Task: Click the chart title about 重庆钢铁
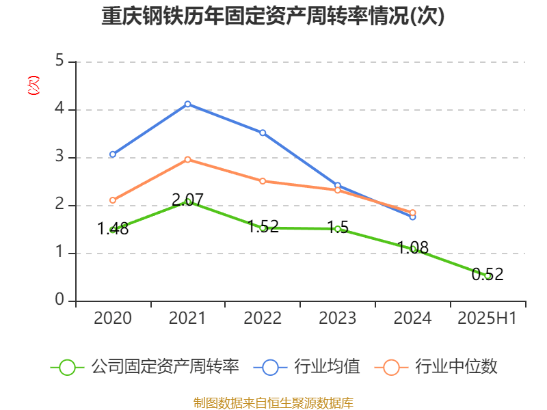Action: click(273, 17)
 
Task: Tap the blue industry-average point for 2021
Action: click(187, 104)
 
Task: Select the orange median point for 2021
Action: click(187, 159)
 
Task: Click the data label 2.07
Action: click(187, 200)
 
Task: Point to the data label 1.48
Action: click(113, 229)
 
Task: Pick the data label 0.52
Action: click(488, 275)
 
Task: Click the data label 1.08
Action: click(413, 247)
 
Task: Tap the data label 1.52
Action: click(263, 226)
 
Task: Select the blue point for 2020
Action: click(113, 154)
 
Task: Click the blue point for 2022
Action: click(263, 133)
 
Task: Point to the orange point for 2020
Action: click(113, 200)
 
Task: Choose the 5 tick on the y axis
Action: click(59, 61)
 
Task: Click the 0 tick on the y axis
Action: click(59, 301)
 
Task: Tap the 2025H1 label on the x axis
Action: click(487, 318)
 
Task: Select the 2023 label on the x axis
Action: click(338, 318)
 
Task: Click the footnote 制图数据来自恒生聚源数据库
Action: click(273, 402)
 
